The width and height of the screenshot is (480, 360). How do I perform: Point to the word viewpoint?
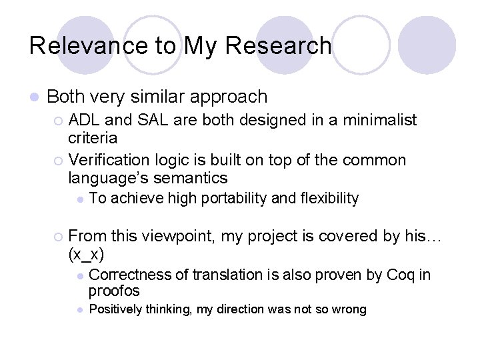[167, 235]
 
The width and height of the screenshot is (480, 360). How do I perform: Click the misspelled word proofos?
[114, 291]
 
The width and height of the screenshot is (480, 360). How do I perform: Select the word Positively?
[117, 309]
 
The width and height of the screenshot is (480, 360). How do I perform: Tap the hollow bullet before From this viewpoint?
[59, 236]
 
